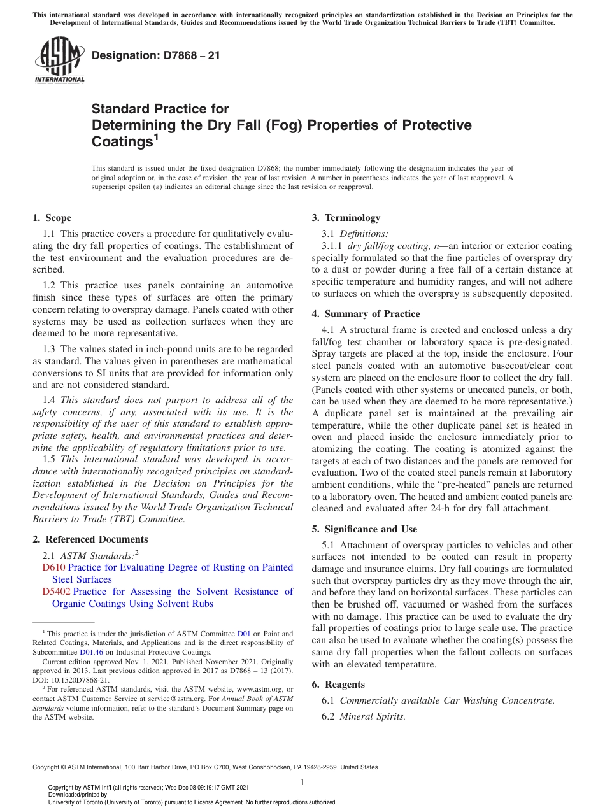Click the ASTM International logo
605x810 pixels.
[59, 60]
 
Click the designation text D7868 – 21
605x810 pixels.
[156, 55]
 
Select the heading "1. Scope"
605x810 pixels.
[52, 218]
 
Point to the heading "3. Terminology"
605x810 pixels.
[346, 218]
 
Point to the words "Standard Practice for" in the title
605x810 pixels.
[160, 109]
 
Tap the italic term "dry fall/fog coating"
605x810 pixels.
[388, 246]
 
